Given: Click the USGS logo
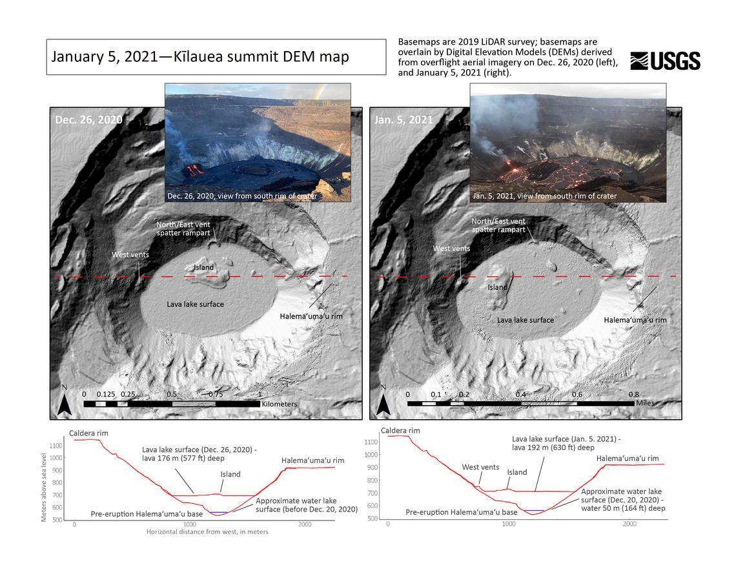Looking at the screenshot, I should pos(665,61).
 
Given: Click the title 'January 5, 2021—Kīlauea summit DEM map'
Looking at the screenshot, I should pos(200,56).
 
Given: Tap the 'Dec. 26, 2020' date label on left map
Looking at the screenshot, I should pos(88,119).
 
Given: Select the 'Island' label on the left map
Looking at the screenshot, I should pos(203,267).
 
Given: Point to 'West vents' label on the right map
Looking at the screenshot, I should pos(451,248).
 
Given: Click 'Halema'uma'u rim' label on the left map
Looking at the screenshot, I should pos(311,316).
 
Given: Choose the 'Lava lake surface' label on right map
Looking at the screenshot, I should pos(525,320).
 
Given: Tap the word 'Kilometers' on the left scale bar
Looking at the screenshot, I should pos(279,404).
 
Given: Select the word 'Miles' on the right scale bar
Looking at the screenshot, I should pos(644,403).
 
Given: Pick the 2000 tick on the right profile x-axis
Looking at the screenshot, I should pos(629,524).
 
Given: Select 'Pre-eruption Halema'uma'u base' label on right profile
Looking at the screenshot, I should pos(461,512).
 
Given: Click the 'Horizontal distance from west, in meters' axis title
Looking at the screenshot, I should pos(207,532).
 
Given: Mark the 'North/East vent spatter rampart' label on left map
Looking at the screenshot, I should pos(183,228).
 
